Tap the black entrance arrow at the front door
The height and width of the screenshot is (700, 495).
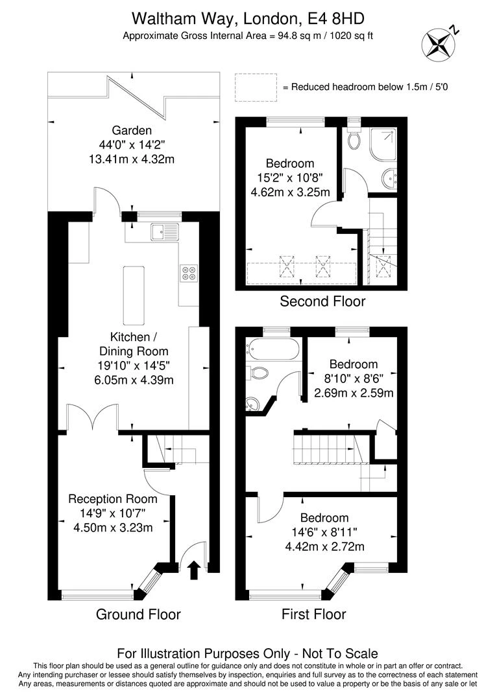pos(193,570)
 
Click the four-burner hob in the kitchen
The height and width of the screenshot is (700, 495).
pos(188,274)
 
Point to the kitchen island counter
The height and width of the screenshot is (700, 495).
pos(132,295)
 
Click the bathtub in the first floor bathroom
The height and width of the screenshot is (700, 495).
pos(272,351)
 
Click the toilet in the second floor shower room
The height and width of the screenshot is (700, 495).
pos(354,139)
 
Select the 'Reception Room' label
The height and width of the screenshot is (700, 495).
pos(113,499)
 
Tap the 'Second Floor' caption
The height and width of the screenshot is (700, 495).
pos(322,301)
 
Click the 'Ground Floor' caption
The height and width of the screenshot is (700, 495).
pos(138,614)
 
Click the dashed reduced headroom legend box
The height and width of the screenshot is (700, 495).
pos(255,87)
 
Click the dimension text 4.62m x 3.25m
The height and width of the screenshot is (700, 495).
pos(290,192)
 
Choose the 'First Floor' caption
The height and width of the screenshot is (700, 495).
pos(314,614)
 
